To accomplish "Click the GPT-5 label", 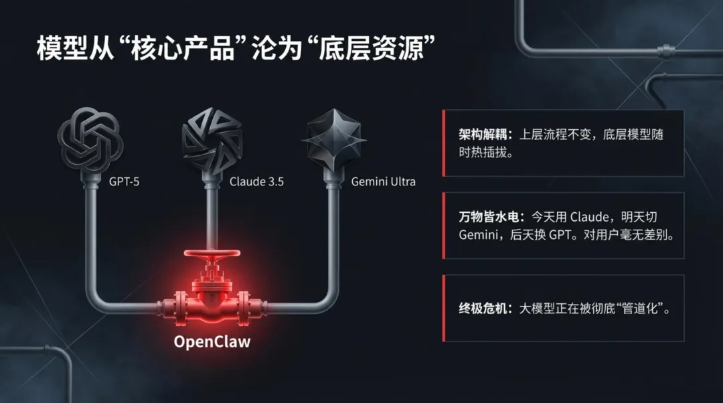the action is coord(125,181).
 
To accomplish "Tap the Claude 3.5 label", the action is coord(256,181).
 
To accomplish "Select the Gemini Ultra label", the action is coord(384,181).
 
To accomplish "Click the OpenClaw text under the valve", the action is coord(212,341).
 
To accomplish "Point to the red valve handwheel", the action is coord(212,256).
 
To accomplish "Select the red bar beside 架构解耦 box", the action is coord(443,143).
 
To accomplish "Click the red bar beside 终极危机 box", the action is coord(443,308).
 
